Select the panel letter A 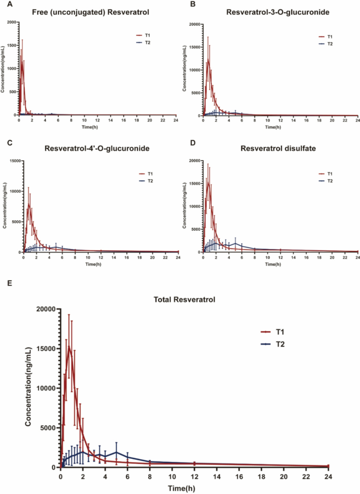click(x=3, y=4)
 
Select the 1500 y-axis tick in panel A click(x=12, y=46)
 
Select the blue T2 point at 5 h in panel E click(x=116, y=452)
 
